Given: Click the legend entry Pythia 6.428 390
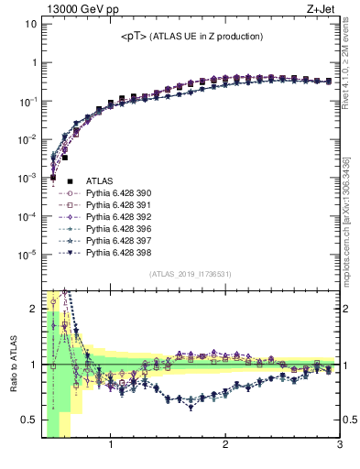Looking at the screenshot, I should [x=115, y=193].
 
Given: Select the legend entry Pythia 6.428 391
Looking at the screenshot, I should [x=115, y=205].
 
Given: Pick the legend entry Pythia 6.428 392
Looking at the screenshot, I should [x=115, y=216].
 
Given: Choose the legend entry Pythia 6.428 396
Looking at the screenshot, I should [x=115, y=228].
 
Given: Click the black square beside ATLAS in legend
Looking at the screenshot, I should [x=70, y=182].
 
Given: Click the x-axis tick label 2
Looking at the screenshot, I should [x=225, y=446].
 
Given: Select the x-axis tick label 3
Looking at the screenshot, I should [x=339, y=446].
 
